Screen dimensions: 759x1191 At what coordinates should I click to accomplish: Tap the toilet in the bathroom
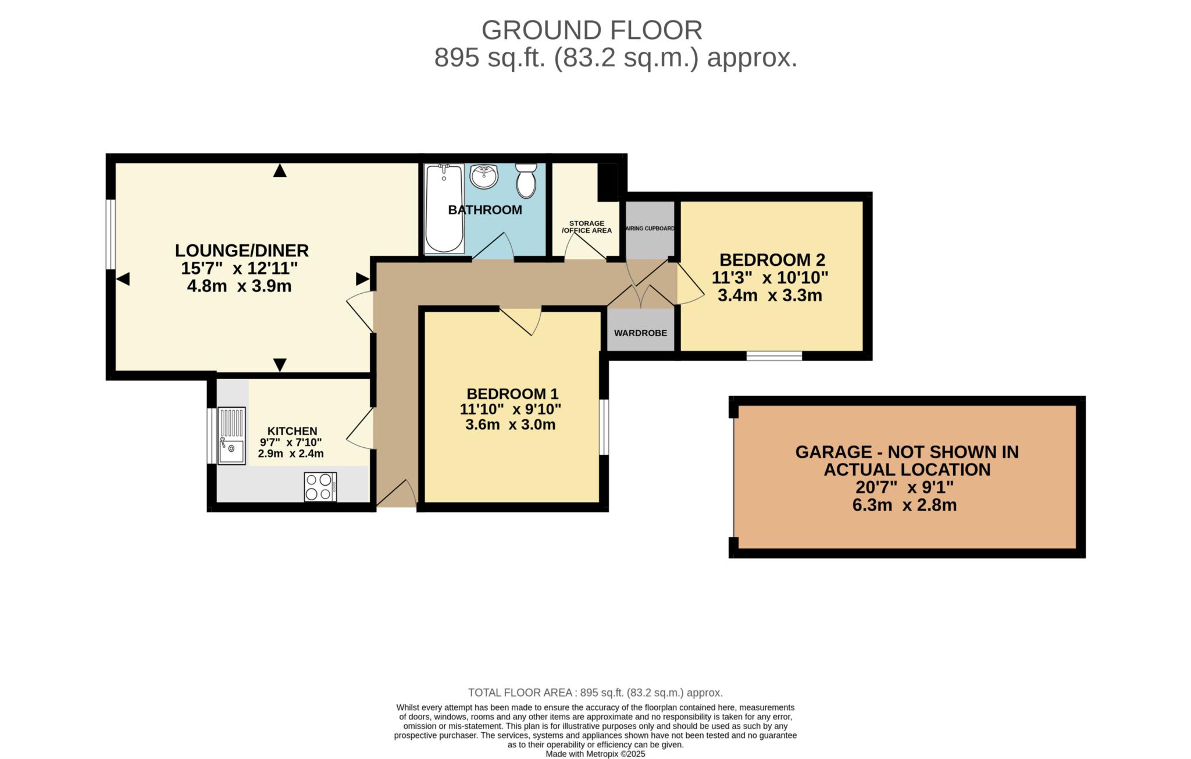526,180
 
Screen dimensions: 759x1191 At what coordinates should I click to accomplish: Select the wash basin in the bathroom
484,177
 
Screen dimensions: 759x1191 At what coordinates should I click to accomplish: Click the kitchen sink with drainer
231,436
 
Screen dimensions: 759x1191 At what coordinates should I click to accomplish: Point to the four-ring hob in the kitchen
320,487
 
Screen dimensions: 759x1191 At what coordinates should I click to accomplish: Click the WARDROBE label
640,333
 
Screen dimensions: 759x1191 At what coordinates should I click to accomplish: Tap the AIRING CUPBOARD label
650,229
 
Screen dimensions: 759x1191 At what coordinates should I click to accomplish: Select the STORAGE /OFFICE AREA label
586,227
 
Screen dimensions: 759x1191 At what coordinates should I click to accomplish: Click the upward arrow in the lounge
280,170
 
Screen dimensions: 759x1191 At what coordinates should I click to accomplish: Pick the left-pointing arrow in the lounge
123,280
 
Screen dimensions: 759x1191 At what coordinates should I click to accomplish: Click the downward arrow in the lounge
280,365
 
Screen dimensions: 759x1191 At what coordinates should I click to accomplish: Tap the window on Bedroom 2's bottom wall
774,355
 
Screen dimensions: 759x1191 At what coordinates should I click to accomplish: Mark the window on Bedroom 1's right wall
604,426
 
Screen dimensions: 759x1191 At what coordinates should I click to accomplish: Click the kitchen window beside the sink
212,436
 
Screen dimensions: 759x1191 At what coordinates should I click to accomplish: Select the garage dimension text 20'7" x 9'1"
904,487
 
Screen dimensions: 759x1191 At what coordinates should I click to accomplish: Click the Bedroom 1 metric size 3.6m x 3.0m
510,425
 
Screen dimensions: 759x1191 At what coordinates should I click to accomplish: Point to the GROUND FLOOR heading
591,30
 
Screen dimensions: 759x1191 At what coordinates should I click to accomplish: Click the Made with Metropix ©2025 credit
595,754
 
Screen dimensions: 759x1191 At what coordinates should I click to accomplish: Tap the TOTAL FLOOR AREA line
595,693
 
